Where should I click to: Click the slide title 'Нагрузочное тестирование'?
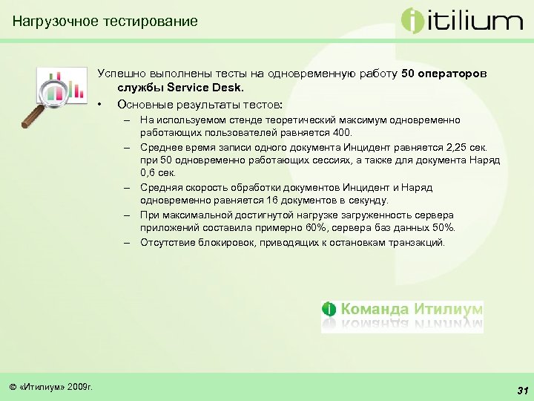coord(105,21)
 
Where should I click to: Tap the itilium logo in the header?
coord(461,21)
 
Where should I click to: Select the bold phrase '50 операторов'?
coord(444,74)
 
